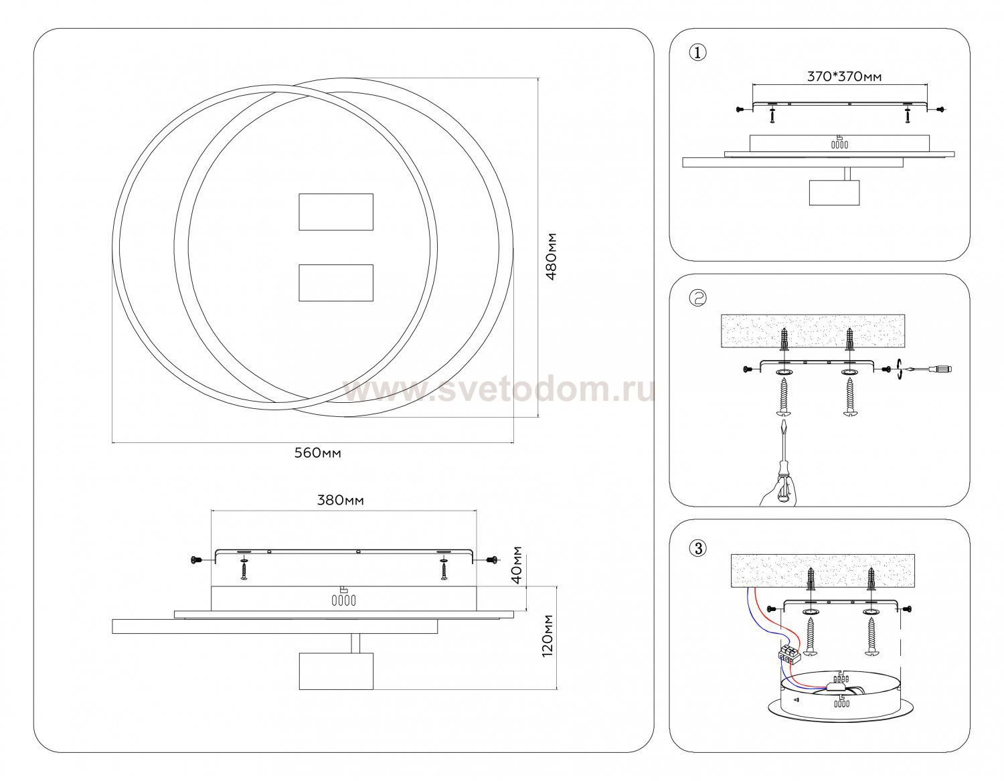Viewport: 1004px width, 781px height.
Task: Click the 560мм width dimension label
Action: tap(318, 453)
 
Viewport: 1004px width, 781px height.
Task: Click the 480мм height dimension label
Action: tap(552, 257)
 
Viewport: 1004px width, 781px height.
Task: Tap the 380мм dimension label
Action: tap(341, 500)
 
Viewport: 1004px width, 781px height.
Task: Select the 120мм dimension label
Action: tap(548, 636)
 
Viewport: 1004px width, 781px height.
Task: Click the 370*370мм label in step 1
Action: tap(844, 76)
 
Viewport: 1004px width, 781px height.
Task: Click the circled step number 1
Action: tap(697, 53)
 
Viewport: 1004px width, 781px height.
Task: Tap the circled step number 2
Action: tap(697, 298)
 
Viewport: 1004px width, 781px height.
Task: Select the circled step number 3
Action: tap(697, 549)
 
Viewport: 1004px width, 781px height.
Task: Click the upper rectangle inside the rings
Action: tap(336, 212)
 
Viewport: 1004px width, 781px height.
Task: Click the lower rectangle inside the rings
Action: tap(336, 282)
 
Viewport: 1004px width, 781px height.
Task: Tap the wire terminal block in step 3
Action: tap(787, 656)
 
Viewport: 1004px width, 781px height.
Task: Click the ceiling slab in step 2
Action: tap(813, 331)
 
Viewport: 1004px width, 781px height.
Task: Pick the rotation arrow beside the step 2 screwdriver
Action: tap(899, 370)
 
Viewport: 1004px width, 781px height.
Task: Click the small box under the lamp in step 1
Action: tap(834, 192)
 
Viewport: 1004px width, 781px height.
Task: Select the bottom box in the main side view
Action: tap(336, 671)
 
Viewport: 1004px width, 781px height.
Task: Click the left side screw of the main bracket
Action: tap(196, 560)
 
